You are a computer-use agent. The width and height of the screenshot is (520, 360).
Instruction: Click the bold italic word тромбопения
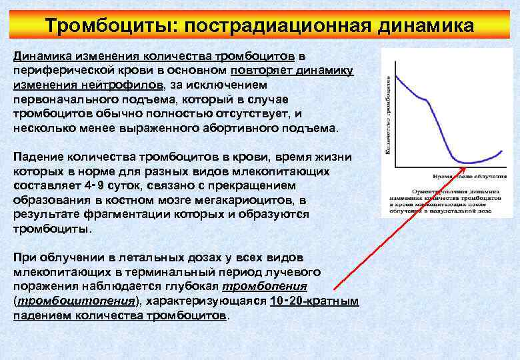tap(265, 287)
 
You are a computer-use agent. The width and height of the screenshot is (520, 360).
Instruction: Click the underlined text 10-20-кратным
tap(315, 301)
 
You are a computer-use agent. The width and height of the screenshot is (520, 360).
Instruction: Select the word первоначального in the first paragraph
tap(61, 99)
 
